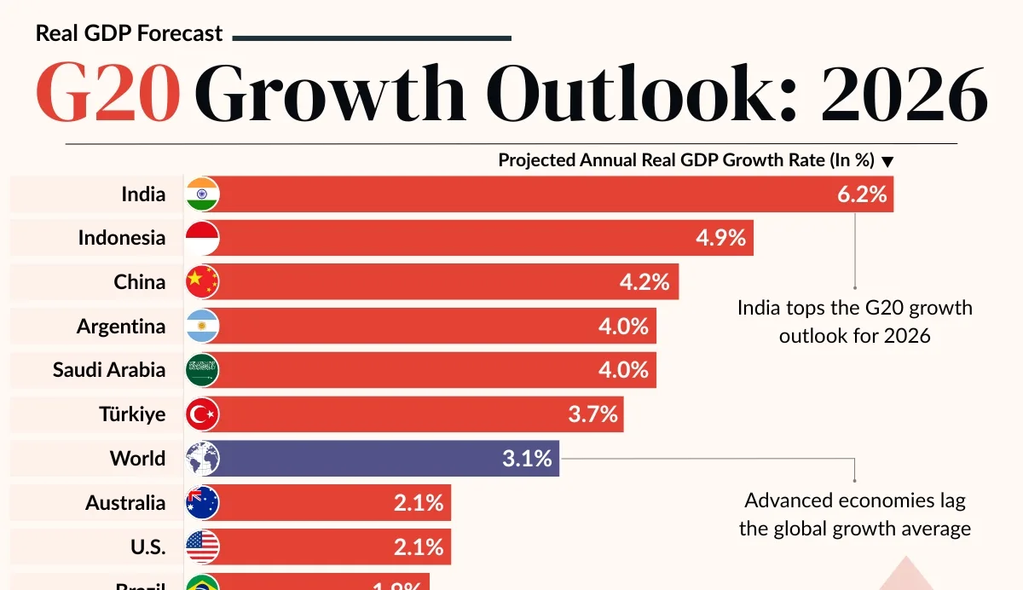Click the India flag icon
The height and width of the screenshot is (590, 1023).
pos(202,194)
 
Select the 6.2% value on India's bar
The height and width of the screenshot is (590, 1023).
pos(862,194)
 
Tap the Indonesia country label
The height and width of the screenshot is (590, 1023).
pos(122,238)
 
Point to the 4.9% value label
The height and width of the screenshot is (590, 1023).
pos(720,238)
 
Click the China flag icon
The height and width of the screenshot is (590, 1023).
pos(202,281)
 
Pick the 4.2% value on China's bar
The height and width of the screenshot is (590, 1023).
pos(644,281)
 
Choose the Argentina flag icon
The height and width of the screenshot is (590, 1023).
pos(202,326)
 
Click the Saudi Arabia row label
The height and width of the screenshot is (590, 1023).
pos(109,370)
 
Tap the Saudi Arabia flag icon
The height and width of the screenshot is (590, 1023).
pos(202,370)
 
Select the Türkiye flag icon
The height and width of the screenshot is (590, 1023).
pos(202,414)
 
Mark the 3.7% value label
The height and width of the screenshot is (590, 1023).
pos(592,414)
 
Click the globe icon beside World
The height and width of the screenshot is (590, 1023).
pos(202,459)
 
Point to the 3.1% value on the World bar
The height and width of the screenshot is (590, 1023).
pos(528,459)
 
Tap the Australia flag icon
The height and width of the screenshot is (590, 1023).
pos(202,503)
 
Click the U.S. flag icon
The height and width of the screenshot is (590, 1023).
pos(202,547)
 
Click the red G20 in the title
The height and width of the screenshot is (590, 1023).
pos(108,95)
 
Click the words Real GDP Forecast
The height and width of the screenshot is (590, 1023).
pos(129,34)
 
